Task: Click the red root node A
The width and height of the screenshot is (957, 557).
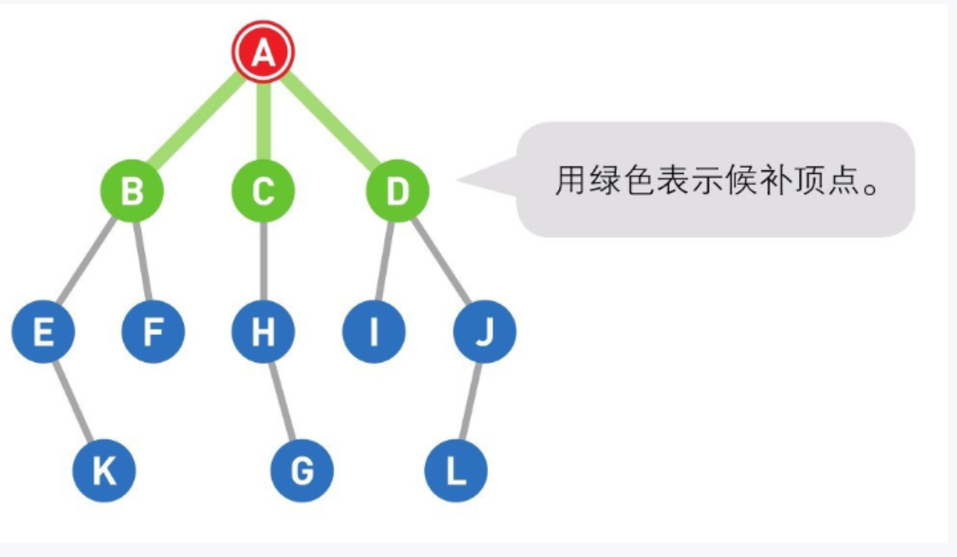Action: [263, 53]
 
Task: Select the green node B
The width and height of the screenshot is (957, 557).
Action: [132, 192]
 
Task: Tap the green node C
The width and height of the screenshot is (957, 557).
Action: [263, 192]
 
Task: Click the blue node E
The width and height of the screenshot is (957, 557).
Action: [43, 332]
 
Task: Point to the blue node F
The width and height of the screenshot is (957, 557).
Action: [153, 332]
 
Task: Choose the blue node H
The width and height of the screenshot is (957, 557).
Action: [263, 332]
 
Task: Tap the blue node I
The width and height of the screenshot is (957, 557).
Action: [373, 332]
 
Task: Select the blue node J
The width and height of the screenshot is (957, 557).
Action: [484, 332]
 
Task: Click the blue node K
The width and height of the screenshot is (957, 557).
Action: [104, 471]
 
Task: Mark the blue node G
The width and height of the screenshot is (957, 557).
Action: [302, 471]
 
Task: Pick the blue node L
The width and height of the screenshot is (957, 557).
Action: [456, 471]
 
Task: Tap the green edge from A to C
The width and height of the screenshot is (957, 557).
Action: [263, 122]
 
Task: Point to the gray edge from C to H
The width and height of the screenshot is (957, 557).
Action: [263, 263]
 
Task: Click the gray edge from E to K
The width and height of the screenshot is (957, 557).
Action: [72, 401]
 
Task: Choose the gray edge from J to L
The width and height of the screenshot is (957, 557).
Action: [471, 401]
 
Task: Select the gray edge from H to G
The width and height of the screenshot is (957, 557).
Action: [282, 401]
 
